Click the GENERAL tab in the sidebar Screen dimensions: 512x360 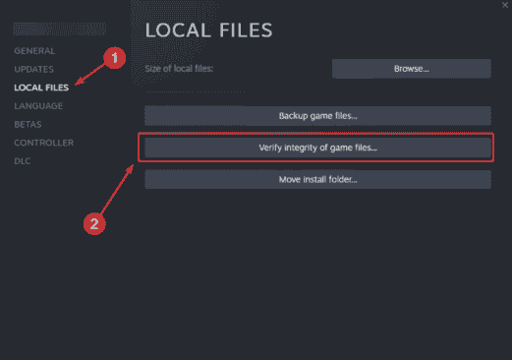tap(34, 51)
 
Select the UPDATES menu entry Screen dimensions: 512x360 tap(33, 69)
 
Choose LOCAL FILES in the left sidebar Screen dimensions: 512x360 tap(41, 88)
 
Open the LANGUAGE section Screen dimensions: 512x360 tap(38, 106)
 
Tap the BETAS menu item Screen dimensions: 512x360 tap(28, 124)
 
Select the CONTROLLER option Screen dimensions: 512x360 tap(44, 143)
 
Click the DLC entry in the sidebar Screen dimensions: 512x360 tap(23, 161)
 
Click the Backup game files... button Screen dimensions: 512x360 tap(317, 116)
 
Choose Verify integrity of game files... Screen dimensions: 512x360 tap(317, 148)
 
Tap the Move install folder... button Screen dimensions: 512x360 tap(317, 179)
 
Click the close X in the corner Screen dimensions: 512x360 tap(505, 5)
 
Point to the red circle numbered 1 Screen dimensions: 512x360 tap(115, 58)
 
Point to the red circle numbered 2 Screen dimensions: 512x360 tap(94, 224)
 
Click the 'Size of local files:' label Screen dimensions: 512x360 tap(179, 69)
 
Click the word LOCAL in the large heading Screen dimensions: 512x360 tap(178, 30)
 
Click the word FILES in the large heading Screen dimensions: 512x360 tap(246, 30)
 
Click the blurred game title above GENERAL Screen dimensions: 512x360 tap(60, 29)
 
